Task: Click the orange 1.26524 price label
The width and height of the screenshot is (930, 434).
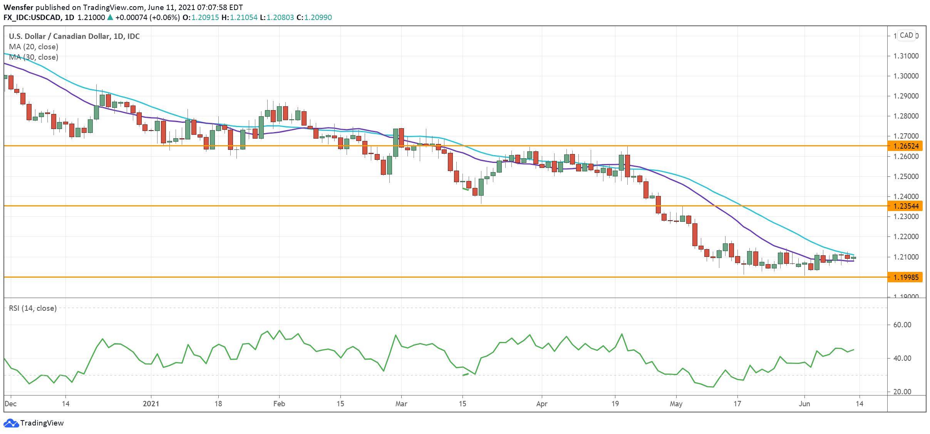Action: (x=906, y=146)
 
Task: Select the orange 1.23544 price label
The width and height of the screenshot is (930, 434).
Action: (x=906, y=206)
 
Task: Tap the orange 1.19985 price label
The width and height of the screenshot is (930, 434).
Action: (x=906, y=277)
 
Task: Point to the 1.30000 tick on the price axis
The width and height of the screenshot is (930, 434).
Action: (x=906, y=76)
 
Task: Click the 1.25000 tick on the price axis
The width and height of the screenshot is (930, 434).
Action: (x=906, y=176)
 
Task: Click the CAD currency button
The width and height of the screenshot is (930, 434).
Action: (x=906, y=35)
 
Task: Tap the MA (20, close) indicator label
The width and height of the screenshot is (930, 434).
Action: (x=34, y=47)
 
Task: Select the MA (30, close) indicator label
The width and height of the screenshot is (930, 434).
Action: (x=34, y=57)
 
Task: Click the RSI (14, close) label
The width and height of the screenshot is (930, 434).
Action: (x=33, y=308)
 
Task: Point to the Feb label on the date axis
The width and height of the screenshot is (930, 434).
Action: (x=279, y=404)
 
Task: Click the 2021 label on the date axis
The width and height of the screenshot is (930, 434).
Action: (x=151, y=404)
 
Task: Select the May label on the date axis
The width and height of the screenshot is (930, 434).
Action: (x=676, y=404)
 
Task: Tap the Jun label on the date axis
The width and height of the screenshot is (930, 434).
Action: (x=804, y=404)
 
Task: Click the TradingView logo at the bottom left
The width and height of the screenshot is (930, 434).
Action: (x=34, y=423)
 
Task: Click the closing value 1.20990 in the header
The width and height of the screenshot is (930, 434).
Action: (x=318, y=17)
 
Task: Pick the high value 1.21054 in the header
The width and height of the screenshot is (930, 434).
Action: (x=243, y=17)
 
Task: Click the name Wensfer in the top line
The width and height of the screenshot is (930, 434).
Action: (x=18, y=7)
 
